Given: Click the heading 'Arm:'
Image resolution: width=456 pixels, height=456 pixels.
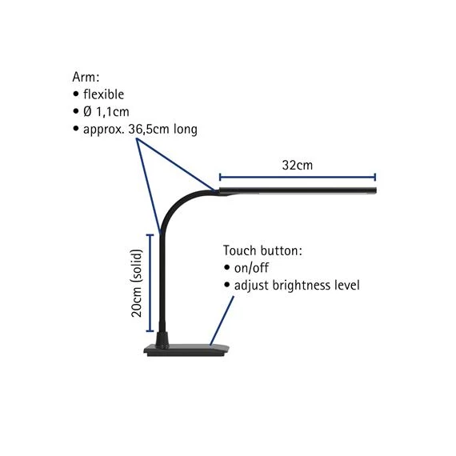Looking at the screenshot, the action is [86, 78].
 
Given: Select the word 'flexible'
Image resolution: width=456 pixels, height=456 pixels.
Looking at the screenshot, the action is [103, 94].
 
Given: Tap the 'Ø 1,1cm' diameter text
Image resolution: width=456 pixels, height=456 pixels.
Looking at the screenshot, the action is [106, 112].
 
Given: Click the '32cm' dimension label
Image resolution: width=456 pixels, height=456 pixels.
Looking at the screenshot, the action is [298, 165].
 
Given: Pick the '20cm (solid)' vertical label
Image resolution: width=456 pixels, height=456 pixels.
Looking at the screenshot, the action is [136, 283].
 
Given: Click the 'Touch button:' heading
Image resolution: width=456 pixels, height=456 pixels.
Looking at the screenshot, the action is [262, 250].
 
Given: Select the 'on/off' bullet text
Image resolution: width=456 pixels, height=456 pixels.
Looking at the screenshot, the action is [251, 268].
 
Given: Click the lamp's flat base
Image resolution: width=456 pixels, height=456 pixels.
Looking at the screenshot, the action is [187, 350].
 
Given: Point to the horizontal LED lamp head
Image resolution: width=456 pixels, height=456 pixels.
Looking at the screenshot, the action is [298, 190].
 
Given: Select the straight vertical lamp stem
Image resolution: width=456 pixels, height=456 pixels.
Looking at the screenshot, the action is [162, 282].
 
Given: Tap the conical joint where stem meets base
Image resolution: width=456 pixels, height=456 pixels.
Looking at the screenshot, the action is [162, 339].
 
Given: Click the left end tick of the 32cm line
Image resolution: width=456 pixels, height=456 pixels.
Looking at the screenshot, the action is [220, 177].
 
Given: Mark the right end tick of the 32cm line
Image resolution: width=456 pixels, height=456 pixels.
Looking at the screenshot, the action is [375, 177].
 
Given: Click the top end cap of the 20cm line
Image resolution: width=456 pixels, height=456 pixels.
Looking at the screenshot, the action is [150, 235].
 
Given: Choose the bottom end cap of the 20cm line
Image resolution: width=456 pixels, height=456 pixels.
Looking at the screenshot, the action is [150, 330].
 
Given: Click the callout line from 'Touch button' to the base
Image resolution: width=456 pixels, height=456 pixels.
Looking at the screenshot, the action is [222, 321].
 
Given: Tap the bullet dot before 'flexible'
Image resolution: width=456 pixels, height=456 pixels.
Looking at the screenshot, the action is [76, 94].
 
